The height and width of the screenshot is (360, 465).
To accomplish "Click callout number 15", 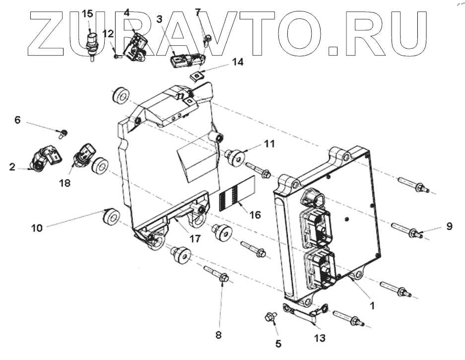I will coord(87,13).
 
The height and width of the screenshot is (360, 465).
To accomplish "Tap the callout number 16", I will coord(255,215).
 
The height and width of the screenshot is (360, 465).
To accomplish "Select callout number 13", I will coord(320,338).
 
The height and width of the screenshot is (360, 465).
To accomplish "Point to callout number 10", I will coord(37,228).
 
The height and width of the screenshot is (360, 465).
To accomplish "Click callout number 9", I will coord(449,226).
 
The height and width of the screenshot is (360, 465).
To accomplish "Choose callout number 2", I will coord(12,167).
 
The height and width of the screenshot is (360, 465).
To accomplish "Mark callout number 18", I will coord(65,183).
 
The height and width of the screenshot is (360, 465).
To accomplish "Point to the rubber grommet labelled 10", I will coord(110,217).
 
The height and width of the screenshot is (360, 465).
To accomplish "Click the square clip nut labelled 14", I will coord(197,75).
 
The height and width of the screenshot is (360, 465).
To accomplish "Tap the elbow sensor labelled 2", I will coord(44,158).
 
